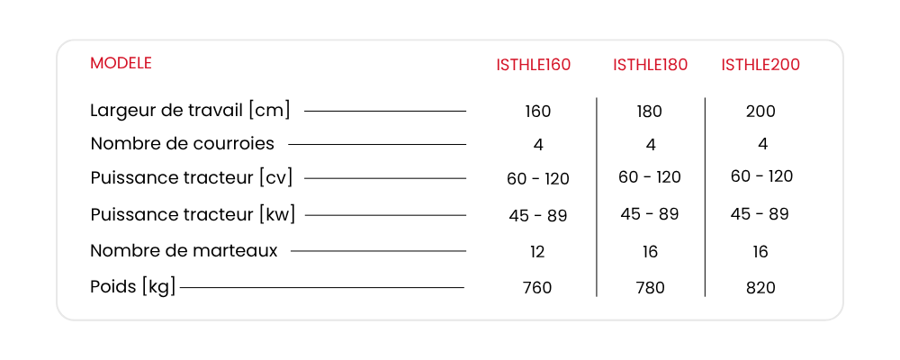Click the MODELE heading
click(121, 63)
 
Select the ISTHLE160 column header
click(533, 65)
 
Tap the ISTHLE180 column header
click(650, 65)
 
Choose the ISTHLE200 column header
click(760, 65)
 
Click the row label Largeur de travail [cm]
click(190, 110)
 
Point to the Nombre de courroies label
click(182, 143)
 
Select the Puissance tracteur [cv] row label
click(191, 178)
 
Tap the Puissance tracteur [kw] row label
click(193, 215)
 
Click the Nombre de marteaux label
click(184, 251)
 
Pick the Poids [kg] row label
click(132, 286)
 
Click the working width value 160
click(538, 112)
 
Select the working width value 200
click(760, 112)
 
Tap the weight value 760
click(537, 287)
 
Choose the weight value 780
click(651, 287)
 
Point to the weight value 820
click(760, 287)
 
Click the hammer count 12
click(537, 251)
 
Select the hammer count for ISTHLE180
click(651, 251)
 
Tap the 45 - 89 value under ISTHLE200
click(760, 214)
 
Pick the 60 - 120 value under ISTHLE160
click(538, 179)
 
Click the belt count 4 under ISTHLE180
click(651, 145)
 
